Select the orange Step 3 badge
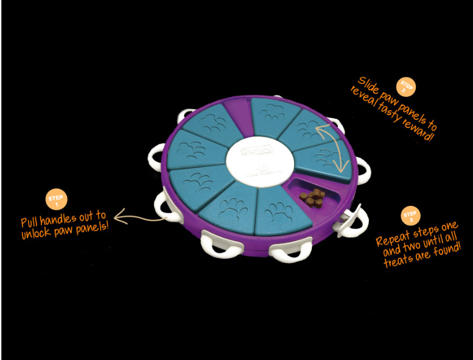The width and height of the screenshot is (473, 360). (x=410, y=216)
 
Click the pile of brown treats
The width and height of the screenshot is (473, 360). (x=315, y=197)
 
